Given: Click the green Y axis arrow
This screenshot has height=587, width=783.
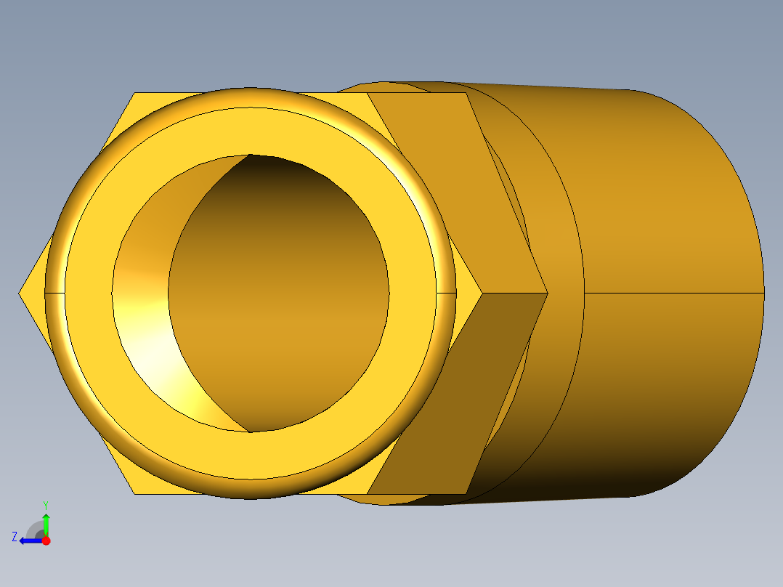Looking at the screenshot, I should coord(46,522).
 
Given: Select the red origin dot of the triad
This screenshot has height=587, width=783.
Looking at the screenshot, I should coord(46,541).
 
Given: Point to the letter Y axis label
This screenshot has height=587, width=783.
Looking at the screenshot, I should coord(46,504).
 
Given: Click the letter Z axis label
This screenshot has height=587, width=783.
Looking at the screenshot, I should coord(15,537).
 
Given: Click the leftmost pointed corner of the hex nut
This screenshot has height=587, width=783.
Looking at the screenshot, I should coord(20,293).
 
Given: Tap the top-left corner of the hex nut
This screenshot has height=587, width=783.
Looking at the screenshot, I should coord(135,93).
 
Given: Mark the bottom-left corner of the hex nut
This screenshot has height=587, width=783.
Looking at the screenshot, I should coord(135,494).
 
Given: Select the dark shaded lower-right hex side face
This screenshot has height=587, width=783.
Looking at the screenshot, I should coord(458,392).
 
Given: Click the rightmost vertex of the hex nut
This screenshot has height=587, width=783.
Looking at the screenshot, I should coord(546,293).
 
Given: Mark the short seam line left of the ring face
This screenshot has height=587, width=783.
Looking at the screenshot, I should coord(54,293).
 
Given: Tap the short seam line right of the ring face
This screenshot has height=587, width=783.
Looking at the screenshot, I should coord(446,293).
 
